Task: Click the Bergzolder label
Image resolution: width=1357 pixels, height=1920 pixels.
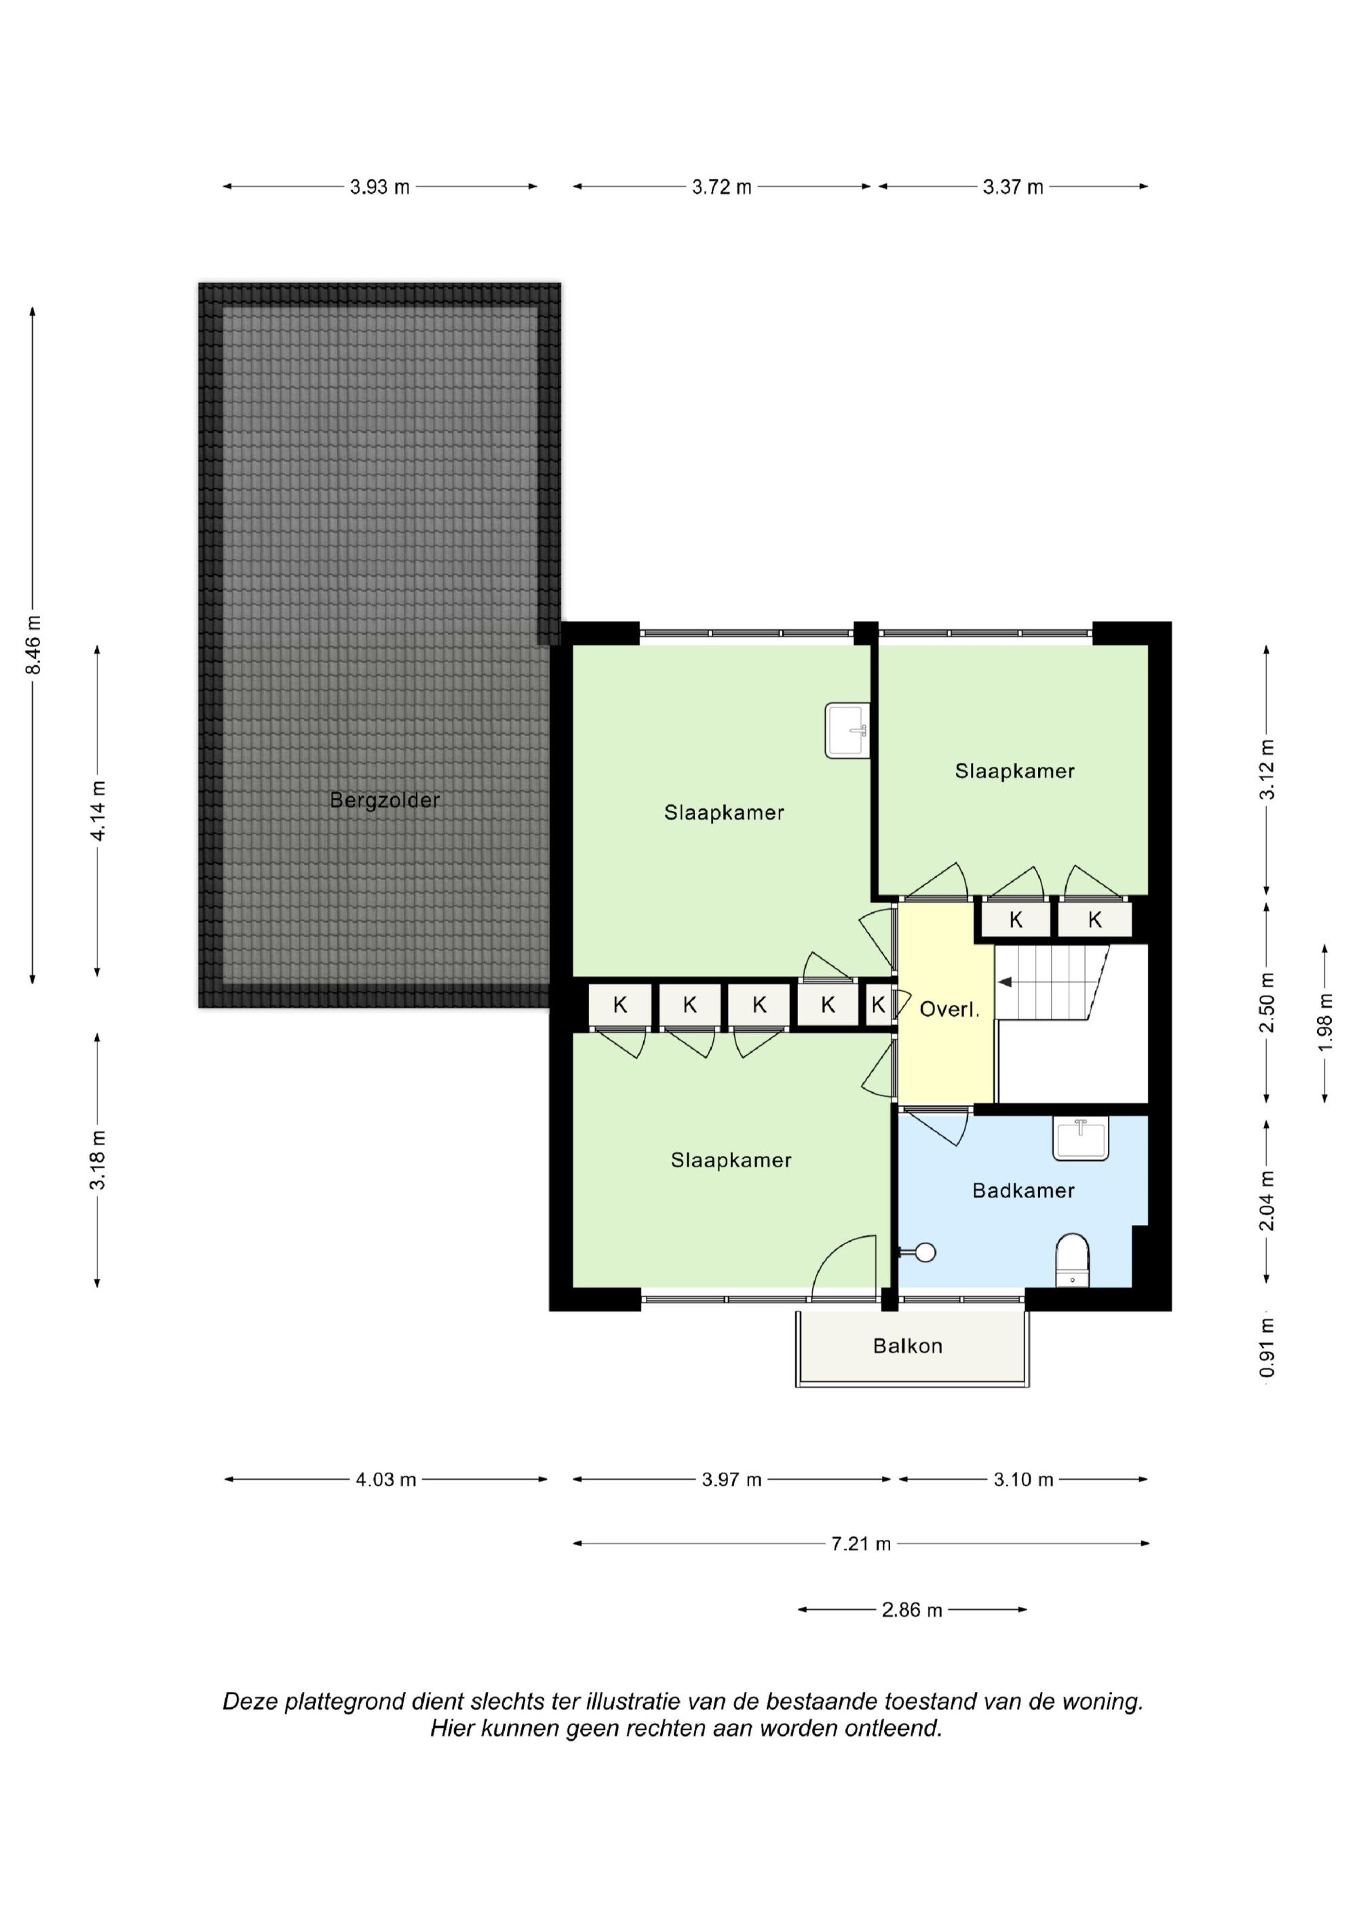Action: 385,800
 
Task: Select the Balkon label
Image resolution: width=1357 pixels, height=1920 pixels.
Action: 907,1346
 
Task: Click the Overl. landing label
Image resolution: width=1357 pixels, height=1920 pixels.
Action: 949,1009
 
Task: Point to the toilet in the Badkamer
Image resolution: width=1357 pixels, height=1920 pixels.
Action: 1072,1260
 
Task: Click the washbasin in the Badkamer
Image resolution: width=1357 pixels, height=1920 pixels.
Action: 1081,1139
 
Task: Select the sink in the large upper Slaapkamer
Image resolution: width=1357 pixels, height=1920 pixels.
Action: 848,730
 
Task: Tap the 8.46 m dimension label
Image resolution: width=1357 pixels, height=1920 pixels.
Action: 33,645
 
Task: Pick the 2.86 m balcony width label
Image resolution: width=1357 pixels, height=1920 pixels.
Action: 911,1609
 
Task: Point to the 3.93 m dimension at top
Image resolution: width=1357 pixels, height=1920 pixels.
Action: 379,187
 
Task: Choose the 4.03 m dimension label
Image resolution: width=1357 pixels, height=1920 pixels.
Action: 385,1480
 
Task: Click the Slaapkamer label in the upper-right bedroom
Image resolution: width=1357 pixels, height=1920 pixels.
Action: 1014,770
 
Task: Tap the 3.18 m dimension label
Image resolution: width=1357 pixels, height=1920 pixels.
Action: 97,1159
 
